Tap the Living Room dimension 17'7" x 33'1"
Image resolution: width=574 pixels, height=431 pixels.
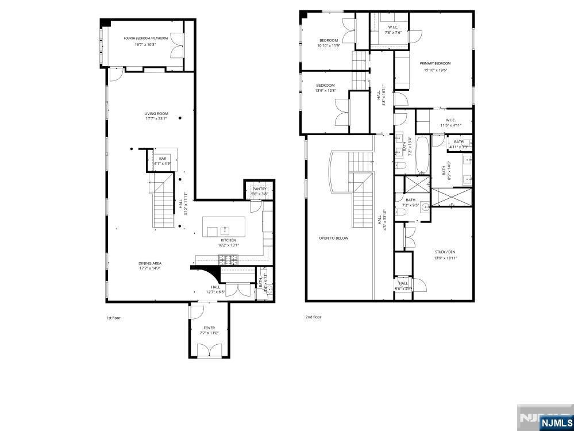pyautogui.click(x=156, y=119)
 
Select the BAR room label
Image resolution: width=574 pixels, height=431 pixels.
pyautogui.click(x=163, y=158)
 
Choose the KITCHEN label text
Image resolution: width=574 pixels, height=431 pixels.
pyautogui.click(x=229, y=240)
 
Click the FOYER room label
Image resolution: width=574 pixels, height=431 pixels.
pyautogui.click(x=209, y=328)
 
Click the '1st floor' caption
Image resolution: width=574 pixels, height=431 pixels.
pyautogui.click(x=113, y=317)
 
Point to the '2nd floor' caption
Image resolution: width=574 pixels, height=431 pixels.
pyautogui.click(x=313, y=317)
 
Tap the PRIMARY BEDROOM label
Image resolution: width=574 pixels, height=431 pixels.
pyautogui.click(x=435, y=64)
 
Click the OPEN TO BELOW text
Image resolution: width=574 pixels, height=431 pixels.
pyautogui.click(x=333, y=238)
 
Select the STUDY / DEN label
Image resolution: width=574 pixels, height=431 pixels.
pyautogui.click(x=444, y=252)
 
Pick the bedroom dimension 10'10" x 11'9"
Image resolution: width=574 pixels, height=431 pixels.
pyautogui.click(x=329, y=45)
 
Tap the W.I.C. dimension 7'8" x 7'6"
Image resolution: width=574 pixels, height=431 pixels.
pyautogui.click(x=394, y=33)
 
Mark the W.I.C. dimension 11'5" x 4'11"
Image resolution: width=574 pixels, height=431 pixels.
pyautogui.click(x=450, y=125)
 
